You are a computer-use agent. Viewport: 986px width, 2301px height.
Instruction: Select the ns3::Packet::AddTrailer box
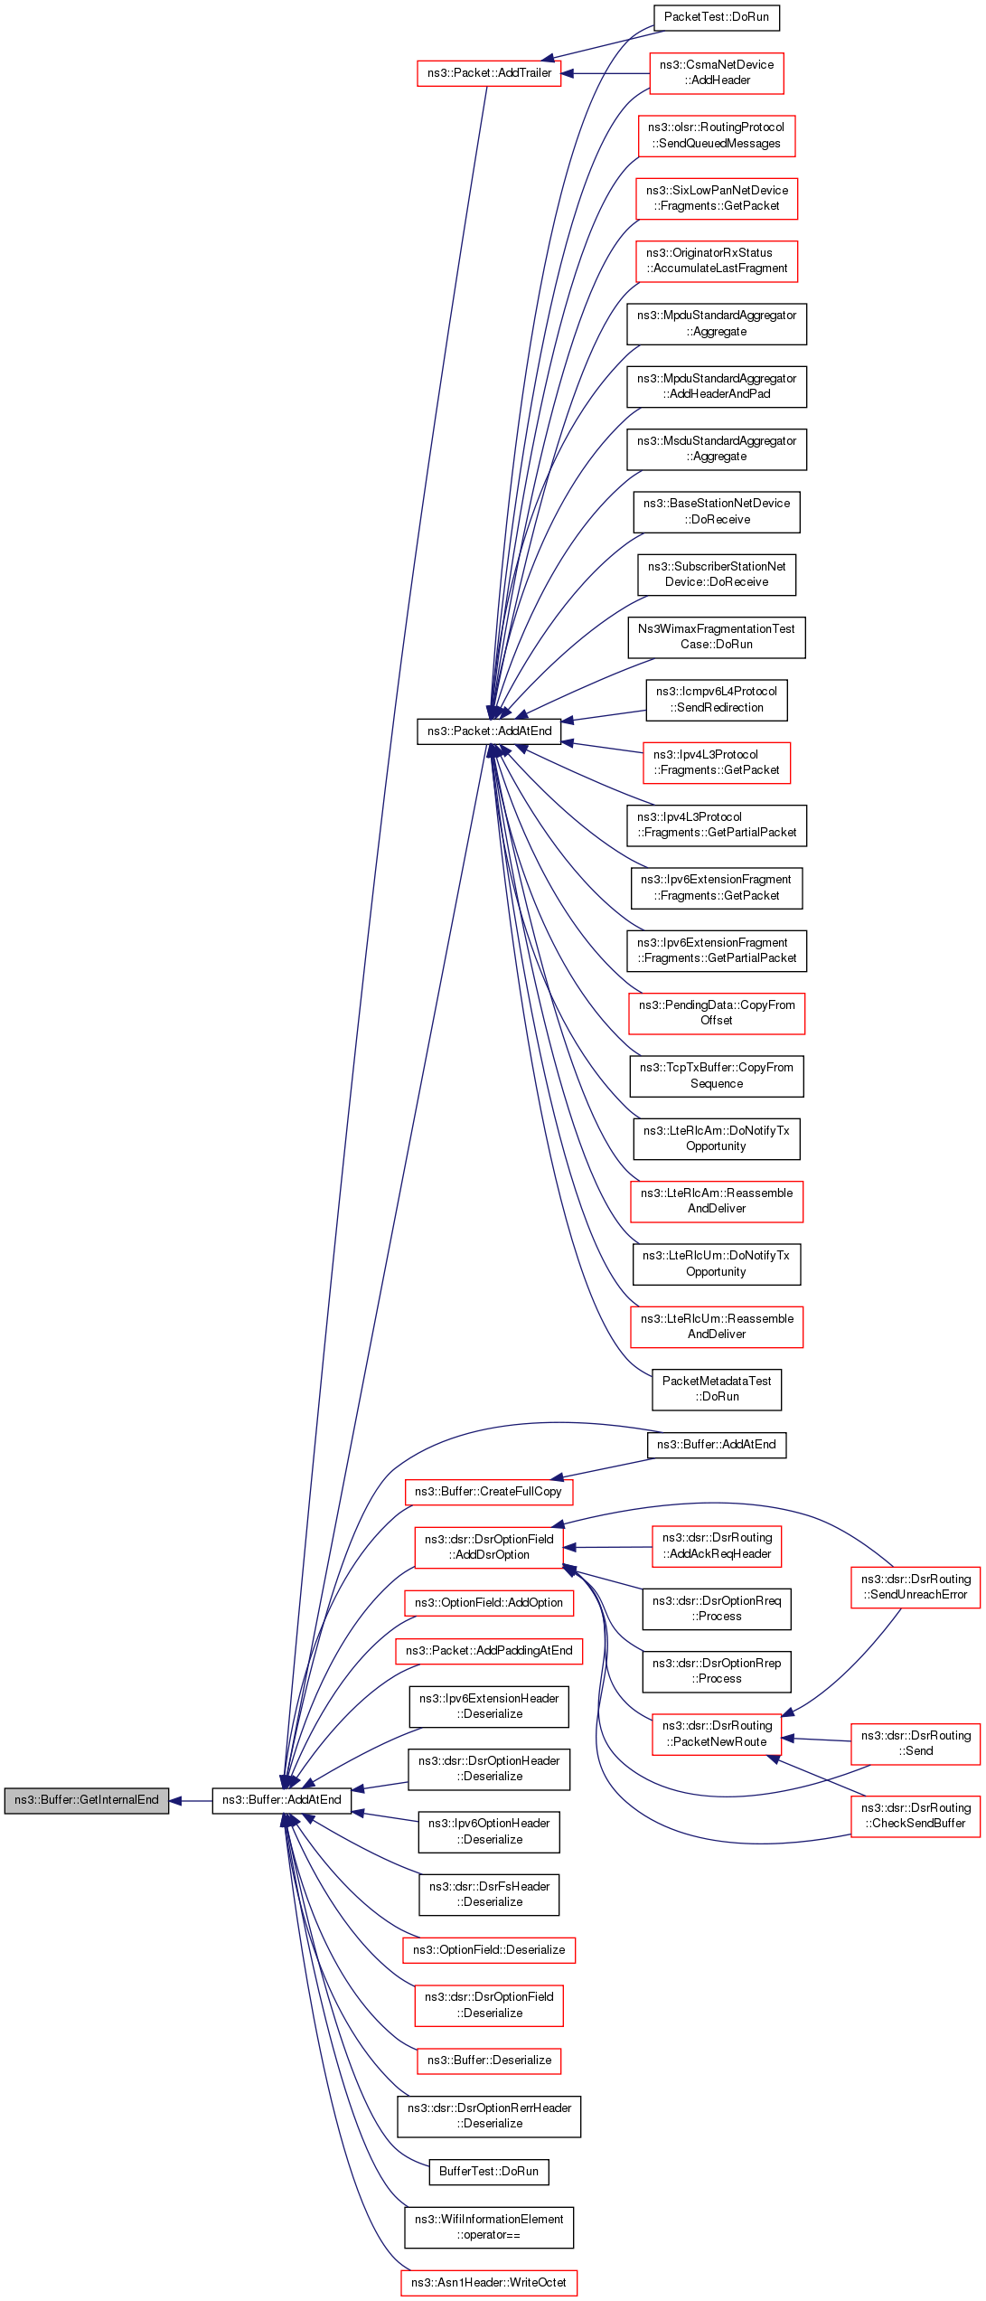(489, 73)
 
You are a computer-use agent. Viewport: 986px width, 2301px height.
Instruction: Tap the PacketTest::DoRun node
(716, 17)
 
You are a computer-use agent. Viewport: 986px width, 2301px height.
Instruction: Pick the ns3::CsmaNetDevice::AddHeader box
(716, 72)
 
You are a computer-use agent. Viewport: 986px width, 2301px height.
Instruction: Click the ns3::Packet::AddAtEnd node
(489, 731)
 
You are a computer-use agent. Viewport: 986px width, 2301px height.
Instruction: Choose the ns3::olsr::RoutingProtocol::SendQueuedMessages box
(716, 136)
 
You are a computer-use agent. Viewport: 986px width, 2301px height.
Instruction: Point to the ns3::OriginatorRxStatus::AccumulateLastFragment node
(716, 260)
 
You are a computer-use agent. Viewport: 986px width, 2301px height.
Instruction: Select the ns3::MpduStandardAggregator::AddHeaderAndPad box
(716, 386)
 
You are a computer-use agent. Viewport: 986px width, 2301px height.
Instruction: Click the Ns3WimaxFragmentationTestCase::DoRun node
(716, 637)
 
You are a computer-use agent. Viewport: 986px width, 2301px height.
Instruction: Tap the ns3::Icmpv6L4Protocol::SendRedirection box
(716, 700)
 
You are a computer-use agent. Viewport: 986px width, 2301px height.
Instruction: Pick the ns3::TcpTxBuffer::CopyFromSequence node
(716, 1076)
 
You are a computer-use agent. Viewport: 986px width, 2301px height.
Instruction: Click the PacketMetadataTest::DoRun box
(716, 1389)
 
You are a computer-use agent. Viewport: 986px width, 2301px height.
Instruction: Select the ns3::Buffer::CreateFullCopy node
(488, 1492)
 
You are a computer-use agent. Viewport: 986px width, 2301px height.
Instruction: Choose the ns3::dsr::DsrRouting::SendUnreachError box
(915, 1587)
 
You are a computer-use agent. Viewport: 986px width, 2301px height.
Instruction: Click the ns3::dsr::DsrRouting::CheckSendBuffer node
(915, 1815)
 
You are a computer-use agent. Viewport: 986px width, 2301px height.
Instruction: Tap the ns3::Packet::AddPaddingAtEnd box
(489, 1651)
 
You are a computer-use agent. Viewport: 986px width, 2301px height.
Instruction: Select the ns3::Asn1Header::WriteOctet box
(489, 2283)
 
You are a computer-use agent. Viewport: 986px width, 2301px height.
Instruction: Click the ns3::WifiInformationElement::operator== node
(489, 2227)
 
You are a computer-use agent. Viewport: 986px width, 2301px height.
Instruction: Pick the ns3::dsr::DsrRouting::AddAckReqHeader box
(716, 1546)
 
